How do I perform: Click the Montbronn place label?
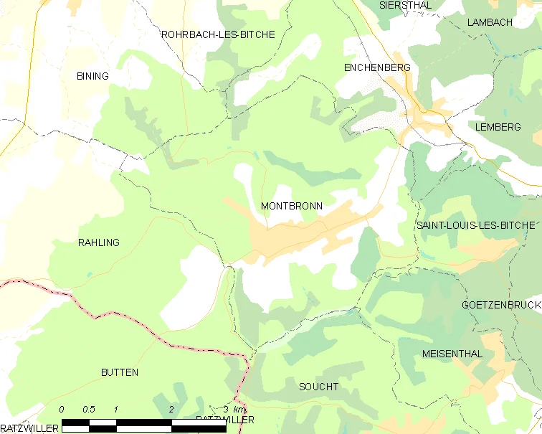click(x=291, y=206)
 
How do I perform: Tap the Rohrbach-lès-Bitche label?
click(x=218, y=34)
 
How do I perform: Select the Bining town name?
click(x=92, y=76)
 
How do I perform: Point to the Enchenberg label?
click(x=377, y=67)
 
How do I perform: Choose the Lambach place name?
click(x=490, y=22)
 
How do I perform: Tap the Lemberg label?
click(x=498, y=127)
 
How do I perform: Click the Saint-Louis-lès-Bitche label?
click(x=475, y=225)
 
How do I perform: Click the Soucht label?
click(x=318, y=387)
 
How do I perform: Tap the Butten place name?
click(x=120, y=372)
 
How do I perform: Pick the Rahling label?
click(x=98, y=242)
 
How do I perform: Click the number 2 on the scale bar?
click(x=171, y=409)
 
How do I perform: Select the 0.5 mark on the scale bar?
click(x=89, y=409)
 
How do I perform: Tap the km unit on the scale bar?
click(x=239, y=409)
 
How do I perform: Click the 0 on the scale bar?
click(x=62, y=409)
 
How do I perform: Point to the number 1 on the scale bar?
click(x=115, y=409)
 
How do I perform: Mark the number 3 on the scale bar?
click(x=225, y=409)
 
